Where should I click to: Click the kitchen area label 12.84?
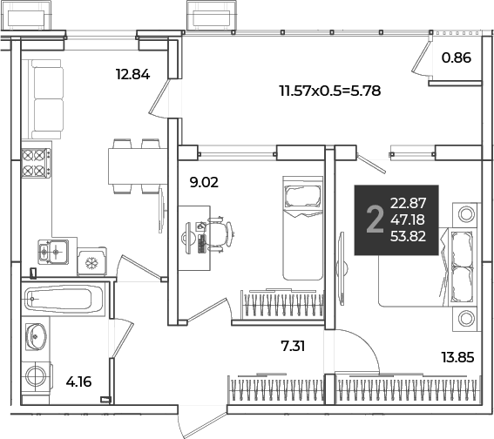pyautogui.click(x=133, y=75)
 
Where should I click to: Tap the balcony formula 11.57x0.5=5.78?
pyautogui.click(x=330, y=91)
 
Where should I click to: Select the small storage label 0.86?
pyautogui.click(x=457, y=58)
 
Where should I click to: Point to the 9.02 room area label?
pyautogui.click(x=204, y=182)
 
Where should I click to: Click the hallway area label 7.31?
pyautogui.click(x=293, y=347)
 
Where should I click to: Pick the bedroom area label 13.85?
pyautogui.click(x=457, y=357)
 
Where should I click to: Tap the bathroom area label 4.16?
pyautogui.click(x=78, y=382)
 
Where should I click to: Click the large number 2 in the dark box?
pyautogui.click(x=375, y=219)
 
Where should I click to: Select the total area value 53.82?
pyautogui.click(x=408, y=236)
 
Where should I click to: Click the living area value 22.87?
pyautogui.click(x=408, y=203)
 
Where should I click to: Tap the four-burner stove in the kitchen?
pyautogui.click(x=36, y=163)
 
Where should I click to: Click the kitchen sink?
pyautogui.click(x=53, y=252)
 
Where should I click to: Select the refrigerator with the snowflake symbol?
pyautogui.click(x=92, y=261)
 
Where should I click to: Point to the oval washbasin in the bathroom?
pyautogui.click(x=37, y=336)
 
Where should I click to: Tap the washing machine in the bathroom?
pyautogui.click(x=36, y=376)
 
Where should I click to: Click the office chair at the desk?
pyautogui.click(x=220, y=234)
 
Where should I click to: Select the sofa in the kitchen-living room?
pyautogui.click(x=46, y=99)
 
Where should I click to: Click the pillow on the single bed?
pyautogui.click(x=302, y=196)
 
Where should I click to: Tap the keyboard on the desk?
pyautogui.click(x=201, y=244)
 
